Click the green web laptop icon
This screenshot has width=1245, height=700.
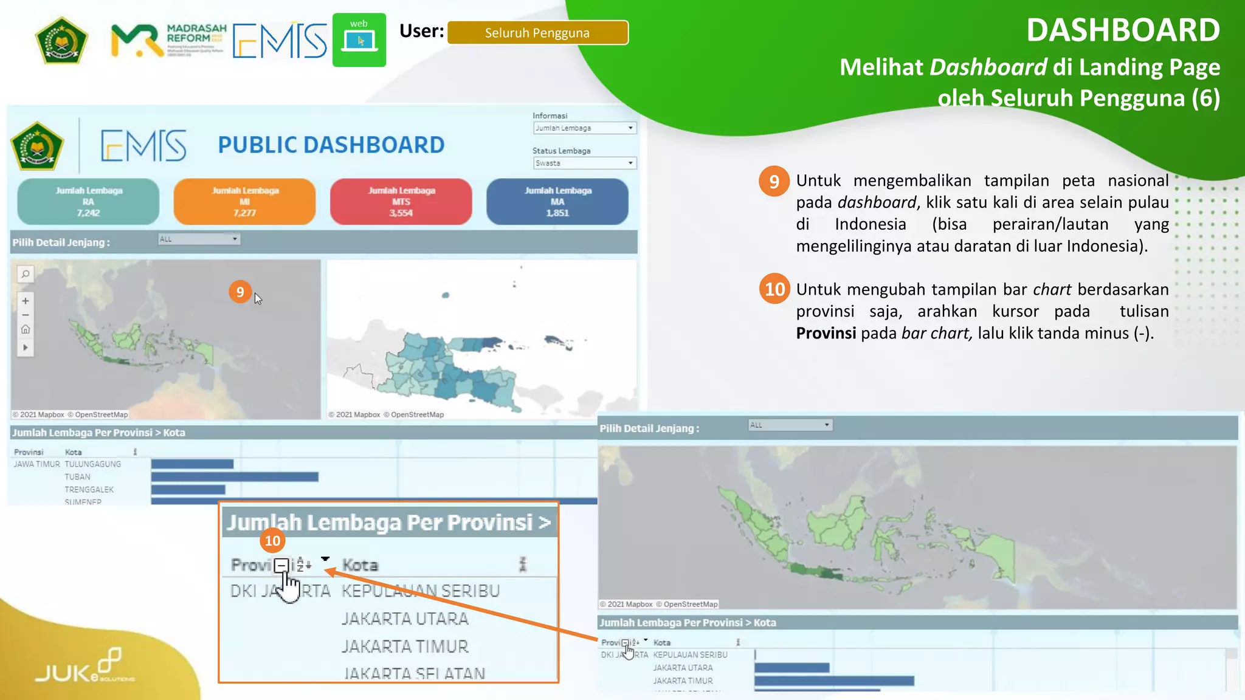click(359, 40)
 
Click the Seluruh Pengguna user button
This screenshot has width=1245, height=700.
click(537, 33)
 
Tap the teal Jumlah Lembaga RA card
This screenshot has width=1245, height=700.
click(88, 202)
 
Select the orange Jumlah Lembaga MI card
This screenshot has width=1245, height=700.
click(244, 202)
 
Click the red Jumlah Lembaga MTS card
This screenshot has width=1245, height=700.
click(401, 202)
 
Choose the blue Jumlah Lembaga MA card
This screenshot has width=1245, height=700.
click(557, 202)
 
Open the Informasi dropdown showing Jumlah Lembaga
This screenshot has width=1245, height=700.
click(584, 128)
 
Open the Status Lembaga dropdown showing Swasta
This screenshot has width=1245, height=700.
click(584, 163)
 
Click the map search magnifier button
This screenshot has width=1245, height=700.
click(26, 274)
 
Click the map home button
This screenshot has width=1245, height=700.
click(26, 329)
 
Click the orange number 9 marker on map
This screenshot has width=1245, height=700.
click(240, 292)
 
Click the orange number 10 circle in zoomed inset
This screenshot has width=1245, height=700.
click(272, 540)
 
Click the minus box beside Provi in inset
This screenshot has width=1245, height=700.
click(281, 565)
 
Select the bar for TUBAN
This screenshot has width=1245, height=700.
click(235, 477)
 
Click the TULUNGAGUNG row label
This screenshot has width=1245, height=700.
click(93, 464)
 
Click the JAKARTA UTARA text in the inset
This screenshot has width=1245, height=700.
click(405, 619)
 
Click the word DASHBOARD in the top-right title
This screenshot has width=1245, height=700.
click(1122, 30)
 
